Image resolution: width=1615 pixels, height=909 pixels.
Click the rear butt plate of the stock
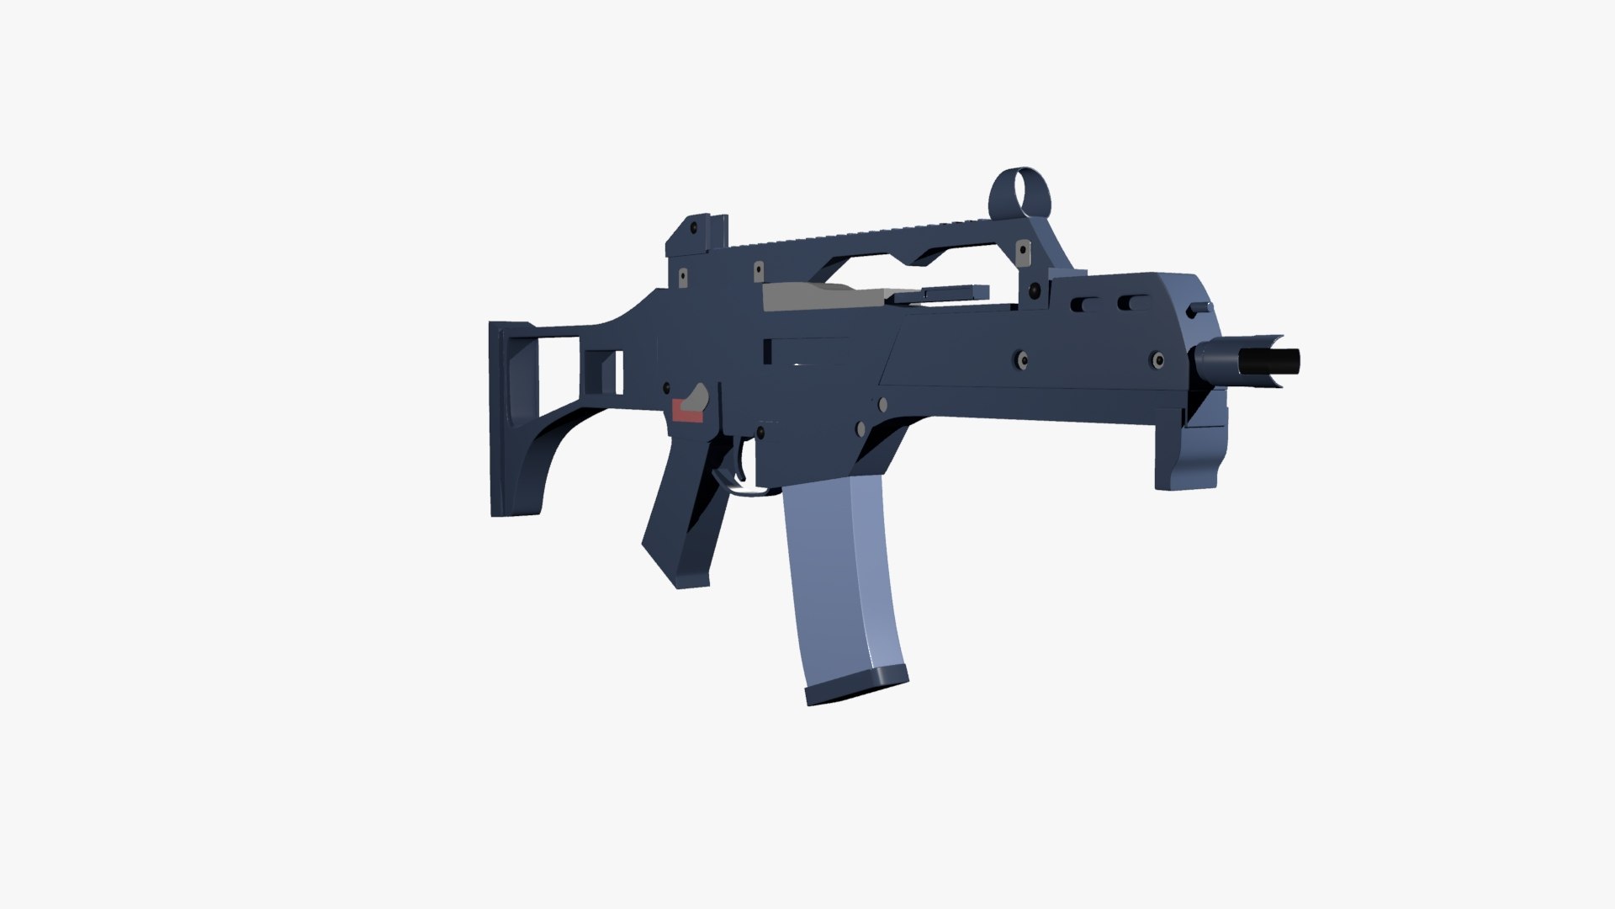tap(500, 421)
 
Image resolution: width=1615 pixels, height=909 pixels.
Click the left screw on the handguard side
tap(1021, 359)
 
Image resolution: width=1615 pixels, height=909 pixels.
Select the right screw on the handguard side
tap(1157, 361)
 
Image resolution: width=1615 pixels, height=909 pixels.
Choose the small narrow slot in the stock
tap(620, 371)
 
